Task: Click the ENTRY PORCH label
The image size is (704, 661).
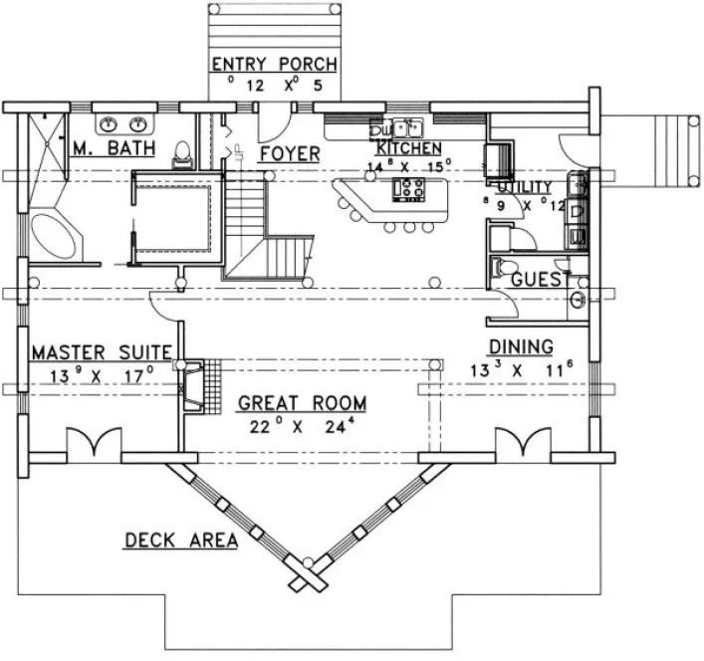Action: [274, 66]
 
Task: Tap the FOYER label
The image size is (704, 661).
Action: [289, 154]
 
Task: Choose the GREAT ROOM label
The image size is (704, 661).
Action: [302, 404]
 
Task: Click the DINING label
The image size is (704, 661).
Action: [520, 346]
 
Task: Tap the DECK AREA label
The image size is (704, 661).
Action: [180, 541]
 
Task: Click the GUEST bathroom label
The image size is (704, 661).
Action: [539, 281]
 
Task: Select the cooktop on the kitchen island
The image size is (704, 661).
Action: [410, 188]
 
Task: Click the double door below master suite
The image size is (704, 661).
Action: [93, 443]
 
